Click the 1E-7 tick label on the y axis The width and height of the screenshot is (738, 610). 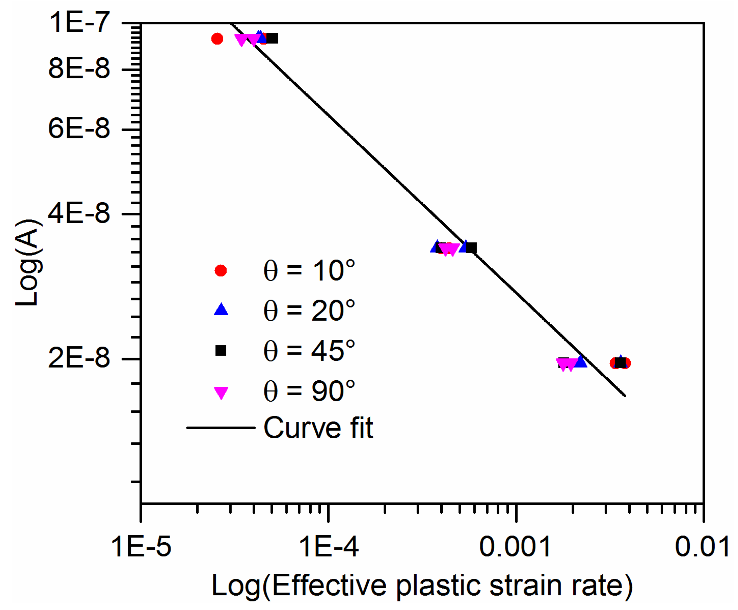(x=79, y=22)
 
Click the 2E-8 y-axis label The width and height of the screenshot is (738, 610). (x=79, y=359)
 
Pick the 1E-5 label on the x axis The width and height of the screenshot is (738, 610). (x=141, y=547)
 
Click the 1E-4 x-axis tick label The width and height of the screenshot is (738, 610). (x=329, y=547)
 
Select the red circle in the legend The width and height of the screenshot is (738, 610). (x=221, y=270)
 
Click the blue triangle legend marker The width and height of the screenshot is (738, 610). (x=221, y=310)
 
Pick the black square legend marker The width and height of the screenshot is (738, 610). (x=221, y=350)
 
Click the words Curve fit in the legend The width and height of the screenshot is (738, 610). (x=318, y=428)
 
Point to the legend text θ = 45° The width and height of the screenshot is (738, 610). (x=309, y=350)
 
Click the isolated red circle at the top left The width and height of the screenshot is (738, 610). (x=217, y=39)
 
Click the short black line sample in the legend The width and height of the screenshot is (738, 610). (x=221, y=428)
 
